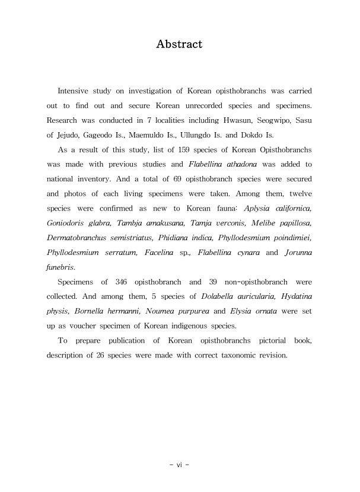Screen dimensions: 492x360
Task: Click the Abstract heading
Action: [179, 44]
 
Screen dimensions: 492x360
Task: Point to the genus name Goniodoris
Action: [68, 225]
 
